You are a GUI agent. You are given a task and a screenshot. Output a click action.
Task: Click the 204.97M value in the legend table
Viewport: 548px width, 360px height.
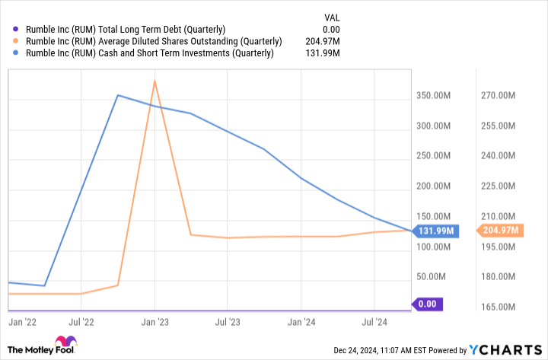click(x=323, y=41)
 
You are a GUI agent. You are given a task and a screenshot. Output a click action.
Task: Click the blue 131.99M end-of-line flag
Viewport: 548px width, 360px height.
click(x=436, y=231)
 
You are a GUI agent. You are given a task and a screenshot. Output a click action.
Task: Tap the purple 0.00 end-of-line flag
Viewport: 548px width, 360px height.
click(x=427, y=304)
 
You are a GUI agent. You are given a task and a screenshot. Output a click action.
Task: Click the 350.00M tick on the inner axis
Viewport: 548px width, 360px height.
click(x=436, y=96)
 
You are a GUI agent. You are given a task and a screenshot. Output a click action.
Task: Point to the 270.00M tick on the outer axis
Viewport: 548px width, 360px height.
click(x=499, y=96)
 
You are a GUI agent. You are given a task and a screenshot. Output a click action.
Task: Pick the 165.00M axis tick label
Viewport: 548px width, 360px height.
click(x=499, y=307)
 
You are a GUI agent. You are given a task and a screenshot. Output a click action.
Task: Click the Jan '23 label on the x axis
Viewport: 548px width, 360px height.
click(x=155, y=322)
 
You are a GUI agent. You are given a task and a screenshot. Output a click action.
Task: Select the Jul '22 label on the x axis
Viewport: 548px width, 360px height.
click(x=81, y=322)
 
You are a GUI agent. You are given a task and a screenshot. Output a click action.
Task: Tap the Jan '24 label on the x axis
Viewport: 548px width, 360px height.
click(x=301, y=322)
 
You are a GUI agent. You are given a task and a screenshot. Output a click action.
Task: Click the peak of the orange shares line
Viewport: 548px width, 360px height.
click(x=155, y=81)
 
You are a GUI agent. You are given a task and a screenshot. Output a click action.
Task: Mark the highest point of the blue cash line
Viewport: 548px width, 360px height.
click(x=118, y=95)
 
